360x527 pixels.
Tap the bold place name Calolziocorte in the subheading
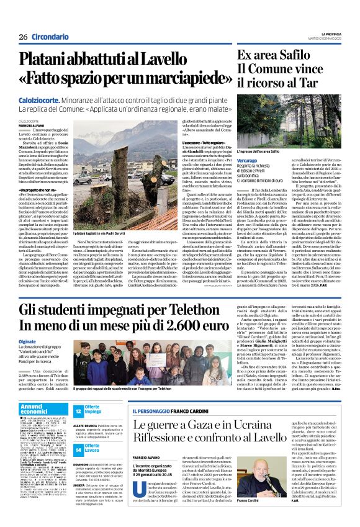click(39, 99)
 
